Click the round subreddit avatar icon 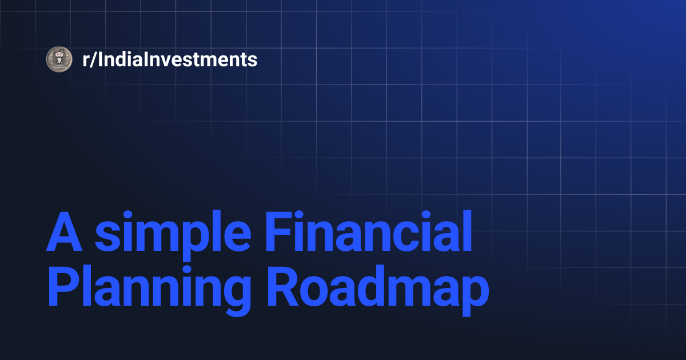click(x=58, y=59)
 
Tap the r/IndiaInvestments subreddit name click(x=170, y=59)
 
